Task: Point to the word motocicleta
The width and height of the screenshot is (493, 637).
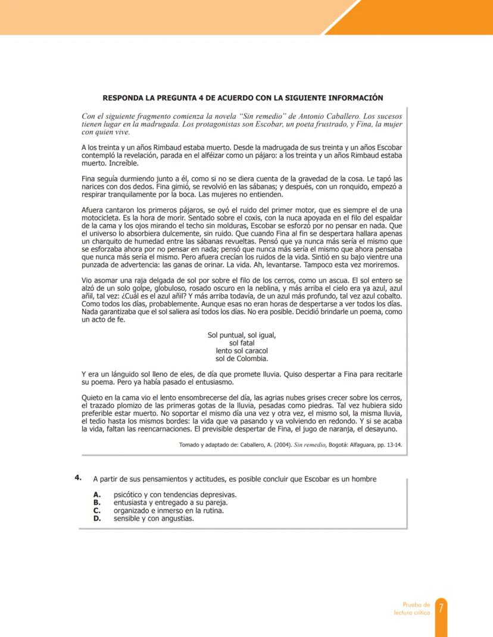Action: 100,218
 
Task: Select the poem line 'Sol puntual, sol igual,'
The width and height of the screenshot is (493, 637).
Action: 242,335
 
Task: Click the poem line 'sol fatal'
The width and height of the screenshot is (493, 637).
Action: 242,343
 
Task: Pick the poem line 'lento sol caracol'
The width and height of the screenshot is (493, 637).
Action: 242,350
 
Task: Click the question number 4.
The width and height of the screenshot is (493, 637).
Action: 77,478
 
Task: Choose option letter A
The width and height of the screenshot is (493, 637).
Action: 96,494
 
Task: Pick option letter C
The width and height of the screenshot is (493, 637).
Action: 96,510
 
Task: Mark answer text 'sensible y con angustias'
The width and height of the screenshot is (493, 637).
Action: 154,517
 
